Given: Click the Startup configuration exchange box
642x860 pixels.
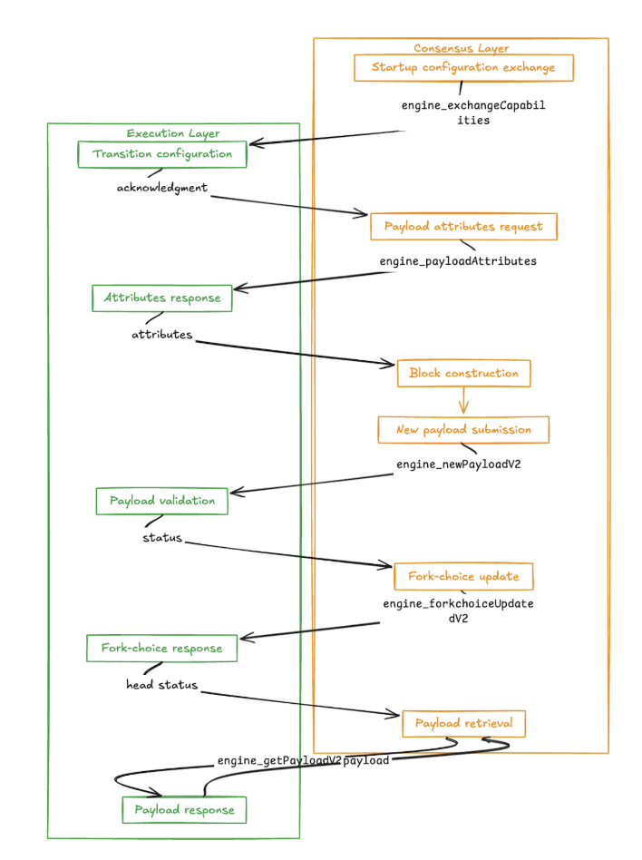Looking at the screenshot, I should pyautogui.click(x=463, y=68).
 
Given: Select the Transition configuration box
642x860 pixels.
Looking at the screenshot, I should pyautogui.click(x=162, y=154).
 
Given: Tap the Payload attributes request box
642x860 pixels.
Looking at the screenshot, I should pyautogui.click(x=463, y=227).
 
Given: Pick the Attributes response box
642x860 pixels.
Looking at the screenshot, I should pyautogui.click(x=162, y=298).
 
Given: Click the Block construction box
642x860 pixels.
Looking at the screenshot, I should pyautogui.click(x=463, y=373).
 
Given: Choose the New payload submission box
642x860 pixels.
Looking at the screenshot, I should pyautogui.click(x=463, y=430).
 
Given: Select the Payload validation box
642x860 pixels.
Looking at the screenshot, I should pyautogui.click(x=162, y=501).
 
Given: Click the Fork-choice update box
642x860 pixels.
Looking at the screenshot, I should pyautogui.click(x=463, y=576).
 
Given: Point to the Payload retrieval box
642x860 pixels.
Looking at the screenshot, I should pyautogui.click(x=463, y=723).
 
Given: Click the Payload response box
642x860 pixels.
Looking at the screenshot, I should pyautogui.click(x=184, y=810).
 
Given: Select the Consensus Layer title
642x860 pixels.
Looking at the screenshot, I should pyautogui.click(x=461, y=48).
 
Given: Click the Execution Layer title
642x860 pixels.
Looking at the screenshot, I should pyautogui.click(x=172, y=133).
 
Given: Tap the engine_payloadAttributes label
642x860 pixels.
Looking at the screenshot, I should pyautogui.click(x=458, y=261).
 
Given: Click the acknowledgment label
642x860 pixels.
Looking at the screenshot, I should pyautogui.click(x=162, y=188).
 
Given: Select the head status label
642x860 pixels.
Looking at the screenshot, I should pyautogui.click(x=162, y=684).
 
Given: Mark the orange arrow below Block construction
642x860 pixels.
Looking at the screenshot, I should pyautogui.click(x=463, y=401).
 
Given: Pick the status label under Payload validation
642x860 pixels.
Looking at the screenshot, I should pyautogui.click(x=162, y=537).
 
